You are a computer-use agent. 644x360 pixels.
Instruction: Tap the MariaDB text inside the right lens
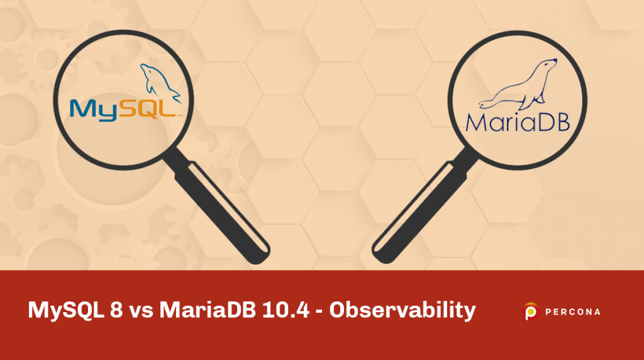517,121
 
